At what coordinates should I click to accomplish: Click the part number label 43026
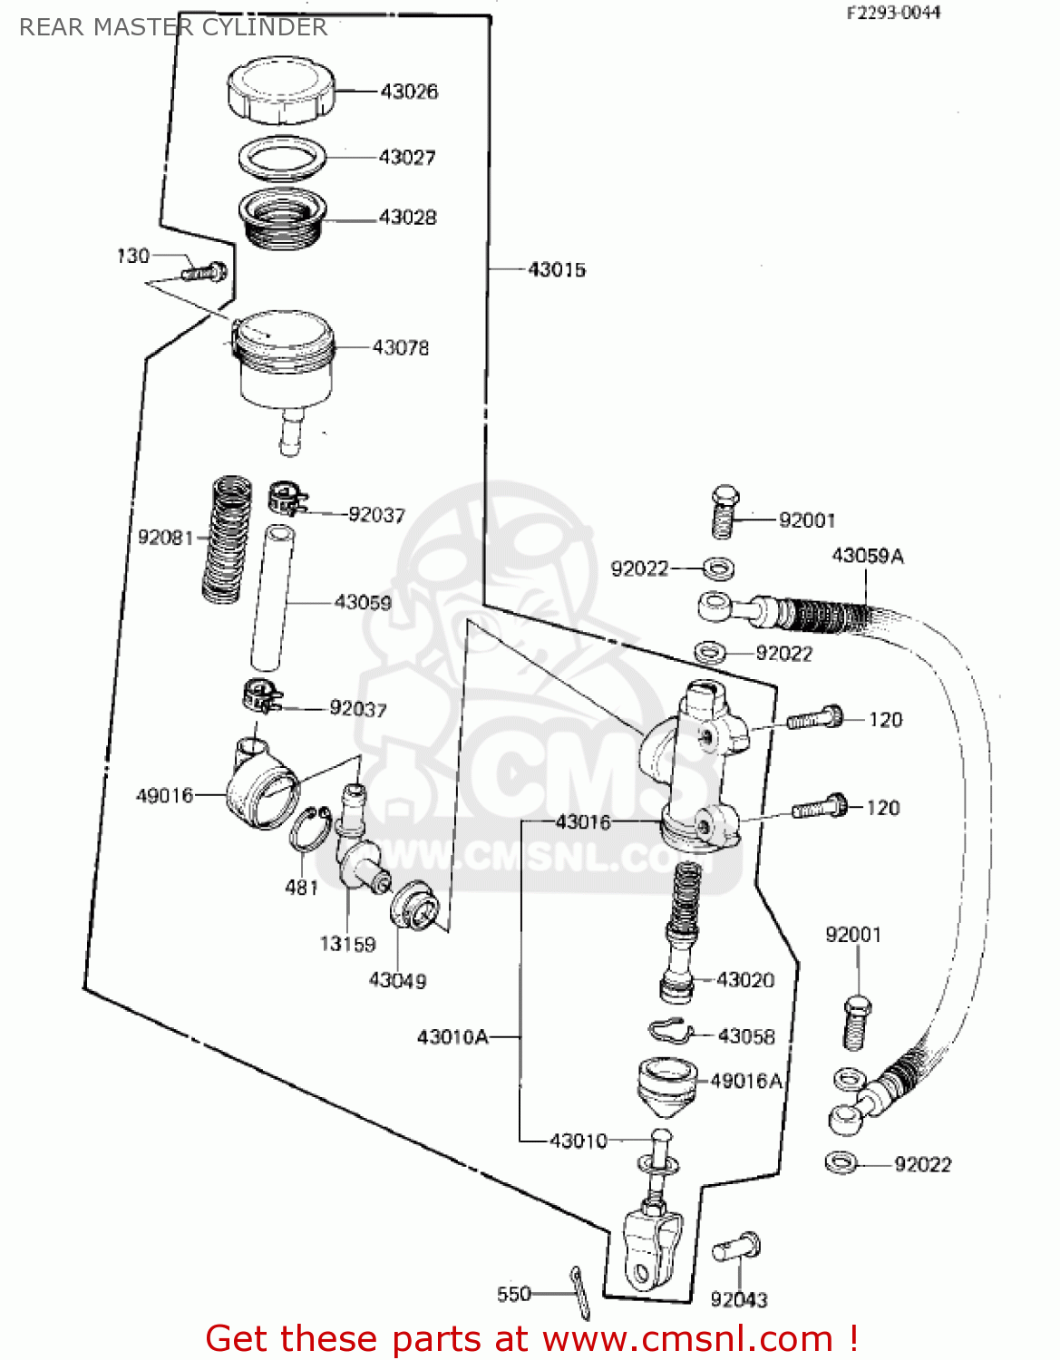[x=408, y=92]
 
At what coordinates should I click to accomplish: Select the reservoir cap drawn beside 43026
[x=280, y=89]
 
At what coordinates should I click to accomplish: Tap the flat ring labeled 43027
[x=283, y=158]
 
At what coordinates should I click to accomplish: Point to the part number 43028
[x=407, y=218]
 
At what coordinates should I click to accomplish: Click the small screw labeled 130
[x=205, y=271]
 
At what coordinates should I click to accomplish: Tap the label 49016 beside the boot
[x=164, y=796]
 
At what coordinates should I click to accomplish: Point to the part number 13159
[x=347, y=945]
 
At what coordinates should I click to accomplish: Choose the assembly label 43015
[x=556, y=270]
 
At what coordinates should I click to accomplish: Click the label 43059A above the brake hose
[x=868, y=556]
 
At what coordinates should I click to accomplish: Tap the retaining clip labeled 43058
[x=670, y=1032]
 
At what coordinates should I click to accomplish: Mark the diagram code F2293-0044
[x=893, y=13]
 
